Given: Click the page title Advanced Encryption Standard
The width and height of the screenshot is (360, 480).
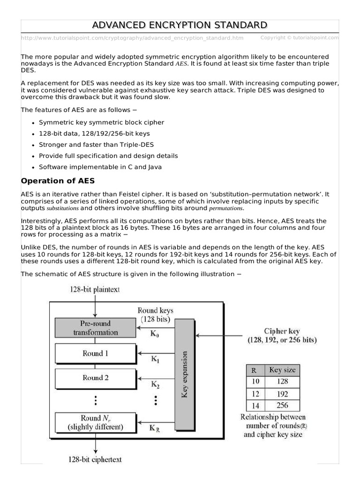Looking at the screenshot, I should click(x=180, y=25).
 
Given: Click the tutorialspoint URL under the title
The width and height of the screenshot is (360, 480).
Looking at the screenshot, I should click(x=132, y=37).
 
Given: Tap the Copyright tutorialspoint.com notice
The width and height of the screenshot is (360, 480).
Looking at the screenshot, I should click(x=299, y=37).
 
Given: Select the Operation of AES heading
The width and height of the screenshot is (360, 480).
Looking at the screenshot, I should click(x=58, y=181).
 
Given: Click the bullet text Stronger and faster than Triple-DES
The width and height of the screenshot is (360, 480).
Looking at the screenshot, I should click(x=96, y=145).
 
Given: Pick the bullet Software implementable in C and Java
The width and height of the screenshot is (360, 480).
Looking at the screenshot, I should click(x=100, y=167).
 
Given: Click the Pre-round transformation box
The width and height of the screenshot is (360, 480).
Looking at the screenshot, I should click(x=95, y=328).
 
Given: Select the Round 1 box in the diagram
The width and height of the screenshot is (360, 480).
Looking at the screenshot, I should click(x=95, y=353).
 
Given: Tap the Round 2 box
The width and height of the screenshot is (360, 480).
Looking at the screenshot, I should click(x=95, y=377).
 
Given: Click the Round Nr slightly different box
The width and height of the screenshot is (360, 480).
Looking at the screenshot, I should click(x=95, y=422).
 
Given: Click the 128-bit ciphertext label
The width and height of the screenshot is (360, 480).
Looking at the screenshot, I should click(x=95, y=459).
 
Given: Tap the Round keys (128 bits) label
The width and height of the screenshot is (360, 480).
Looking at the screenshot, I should click(x=155, y=315).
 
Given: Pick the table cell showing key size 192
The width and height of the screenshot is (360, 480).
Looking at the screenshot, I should click(x=282, y=394).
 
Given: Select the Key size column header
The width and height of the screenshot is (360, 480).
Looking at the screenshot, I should click(x=282, y=370).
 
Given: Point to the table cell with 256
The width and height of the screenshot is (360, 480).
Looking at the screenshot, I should click(x=282, y=406).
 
